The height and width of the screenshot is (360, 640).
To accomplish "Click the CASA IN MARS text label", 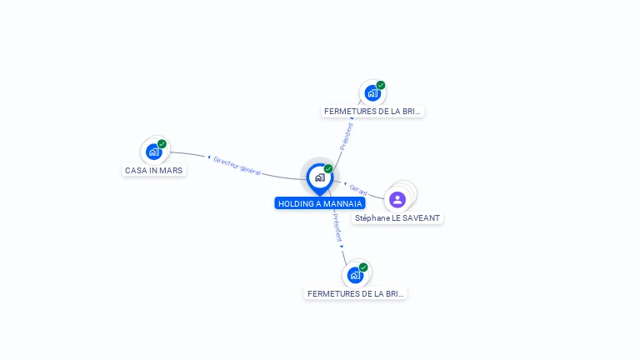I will click(153, 170).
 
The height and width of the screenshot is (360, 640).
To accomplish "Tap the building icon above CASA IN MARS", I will click(153, 152).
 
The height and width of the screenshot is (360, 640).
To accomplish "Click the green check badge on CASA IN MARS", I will click(162, 143).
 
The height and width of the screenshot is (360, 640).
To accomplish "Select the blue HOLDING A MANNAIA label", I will click(320, 203).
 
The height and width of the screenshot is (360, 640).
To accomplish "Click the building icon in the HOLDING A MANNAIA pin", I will click(319, 177).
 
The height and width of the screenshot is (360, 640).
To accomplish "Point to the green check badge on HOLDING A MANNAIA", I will click(328, 168).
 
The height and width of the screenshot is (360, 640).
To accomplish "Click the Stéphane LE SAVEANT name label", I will click(397, 217).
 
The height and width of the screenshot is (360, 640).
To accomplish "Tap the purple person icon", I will click(397, 199).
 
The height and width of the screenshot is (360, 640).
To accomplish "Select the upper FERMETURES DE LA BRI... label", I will click(372, 111).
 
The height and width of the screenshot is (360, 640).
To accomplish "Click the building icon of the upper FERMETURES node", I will click(372, 92).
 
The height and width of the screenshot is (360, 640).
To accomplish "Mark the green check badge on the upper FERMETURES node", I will click(381, 84).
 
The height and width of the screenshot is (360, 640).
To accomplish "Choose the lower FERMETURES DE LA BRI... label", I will click(356, 293).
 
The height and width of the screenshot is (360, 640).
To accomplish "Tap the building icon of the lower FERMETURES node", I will click(355, 275).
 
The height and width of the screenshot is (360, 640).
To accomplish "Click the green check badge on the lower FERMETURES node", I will click(363, 267).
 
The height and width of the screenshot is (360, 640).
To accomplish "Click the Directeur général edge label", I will click(237, 165).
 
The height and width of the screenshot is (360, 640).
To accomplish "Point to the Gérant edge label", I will click(359, 189).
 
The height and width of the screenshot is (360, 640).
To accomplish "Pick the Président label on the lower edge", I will click(336, 227).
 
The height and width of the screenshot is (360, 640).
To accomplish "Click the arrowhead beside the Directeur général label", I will click(208, 157).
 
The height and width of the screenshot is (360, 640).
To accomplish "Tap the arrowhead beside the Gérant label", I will click(346, 182).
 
